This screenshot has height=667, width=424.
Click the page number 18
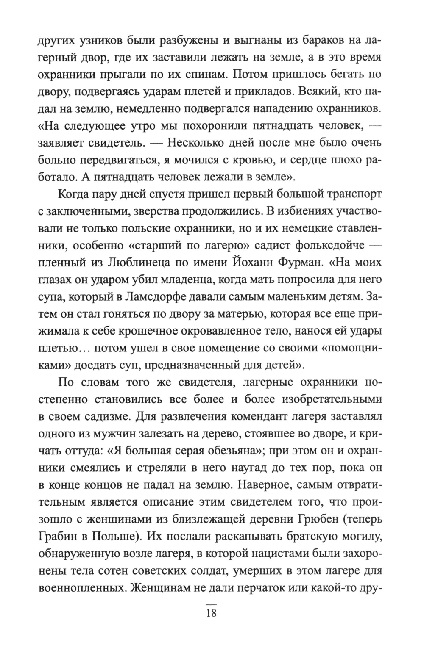click(x=211, y=613)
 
